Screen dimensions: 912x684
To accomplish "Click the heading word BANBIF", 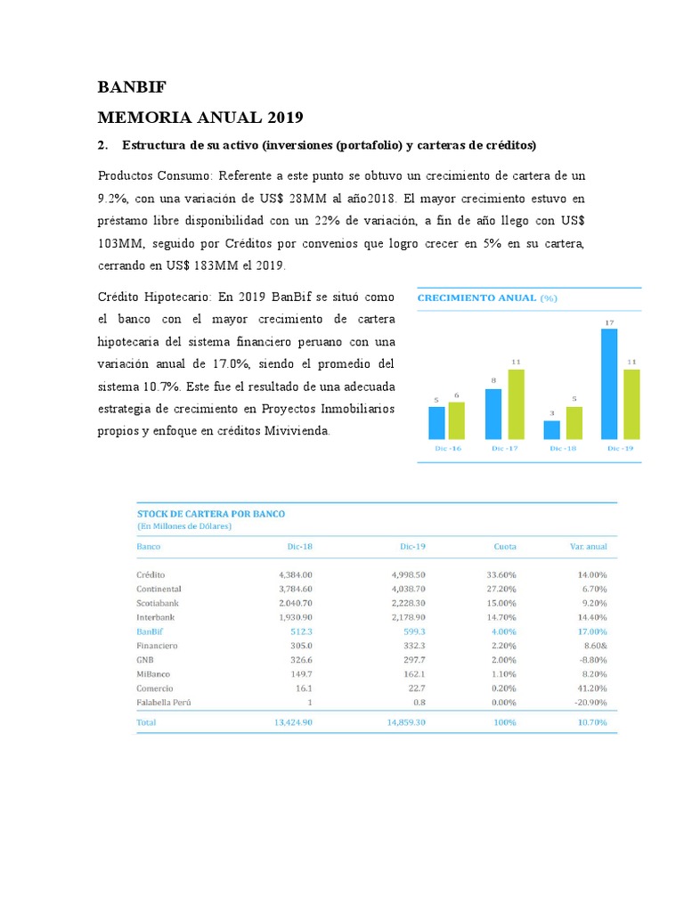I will click(132, 87).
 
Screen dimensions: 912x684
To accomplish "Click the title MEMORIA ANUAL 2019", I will click(200, 117).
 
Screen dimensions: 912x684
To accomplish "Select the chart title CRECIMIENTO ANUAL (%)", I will click(487, 298).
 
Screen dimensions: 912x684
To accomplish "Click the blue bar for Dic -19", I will click(610, 384).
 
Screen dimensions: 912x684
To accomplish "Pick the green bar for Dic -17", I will click(516, 404).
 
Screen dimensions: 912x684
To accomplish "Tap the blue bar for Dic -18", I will click(552, 429).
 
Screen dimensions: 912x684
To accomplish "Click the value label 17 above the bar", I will click(609, 322).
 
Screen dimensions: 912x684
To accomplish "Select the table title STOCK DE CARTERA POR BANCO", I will click(210, 514).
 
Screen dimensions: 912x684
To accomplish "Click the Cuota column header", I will click(505, 546).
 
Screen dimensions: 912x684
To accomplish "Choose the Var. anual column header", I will click(588, 546).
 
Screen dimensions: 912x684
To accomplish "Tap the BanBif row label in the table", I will click(150, 631).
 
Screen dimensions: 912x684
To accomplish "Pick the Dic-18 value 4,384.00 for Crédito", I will click(296, 574).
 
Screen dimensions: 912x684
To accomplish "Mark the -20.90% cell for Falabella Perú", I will click(590, 703).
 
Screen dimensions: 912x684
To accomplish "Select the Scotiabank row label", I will click(158, 603).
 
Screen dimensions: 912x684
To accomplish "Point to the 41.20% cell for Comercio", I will click(591, 688).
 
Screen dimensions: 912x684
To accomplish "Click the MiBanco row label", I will click(153, 674).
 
